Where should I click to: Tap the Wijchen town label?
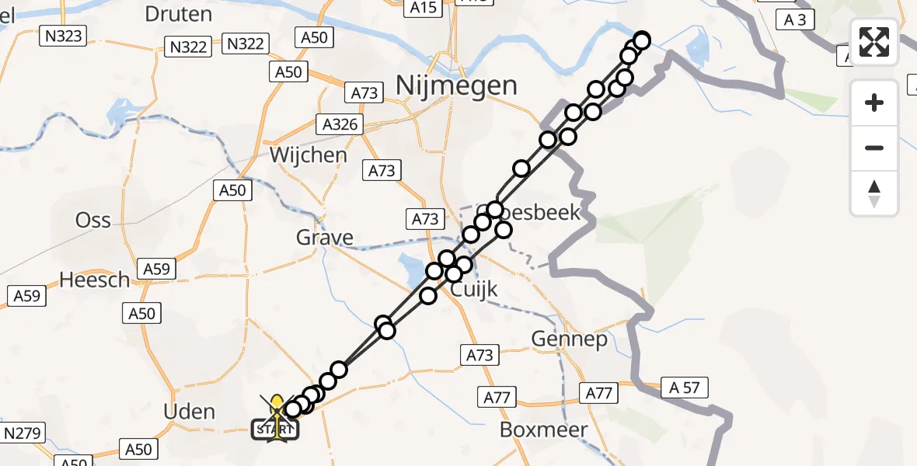pyautogui.click(x=309, y=155)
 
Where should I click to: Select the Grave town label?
pyautogui.click(x=325, y=238)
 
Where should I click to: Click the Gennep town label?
pyautogui.click(x=569, y=339)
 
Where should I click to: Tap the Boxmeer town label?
pyautogui.click(x=543, y=429)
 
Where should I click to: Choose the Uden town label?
pyautogui.click(x=190, y=411)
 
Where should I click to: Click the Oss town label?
pyautogui.click(x=93, y=220)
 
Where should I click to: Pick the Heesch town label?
pyautogui.click(x=96, y=280)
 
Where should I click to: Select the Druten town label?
pyautogui.click(x=178, y=14)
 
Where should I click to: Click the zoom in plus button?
pyautogui.click(x=874, y=103)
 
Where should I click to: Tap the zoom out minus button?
pyautogui.click(x=874, y=148)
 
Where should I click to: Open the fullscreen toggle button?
pyautogui.click(x=874, y=42)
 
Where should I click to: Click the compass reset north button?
pyautogui.click(x=874, y=193)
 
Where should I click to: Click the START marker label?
pyautogui.click(x=275, y=429)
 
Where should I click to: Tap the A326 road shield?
pyautogui.click(x=340, y=123)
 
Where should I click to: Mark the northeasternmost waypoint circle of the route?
pyautogui.click(x=642, y=40)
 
